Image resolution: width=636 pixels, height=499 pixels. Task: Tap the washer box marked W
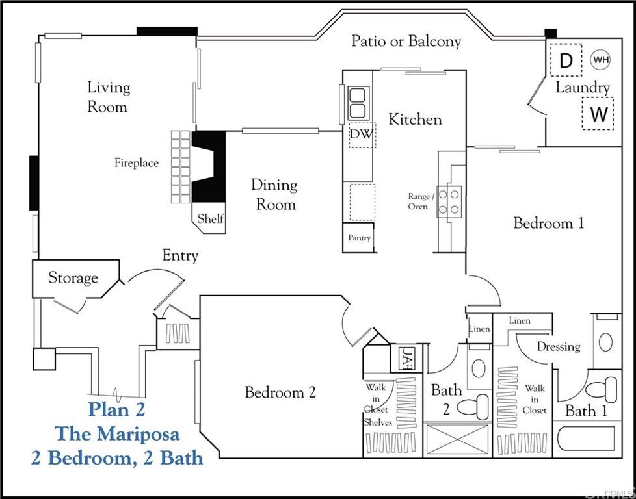tap(598, 114)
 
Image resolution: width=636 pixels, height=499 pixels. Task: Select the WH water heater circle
tap(601, 60)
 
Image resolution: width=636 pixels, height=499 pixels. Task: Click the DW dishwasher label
tap(362, 134)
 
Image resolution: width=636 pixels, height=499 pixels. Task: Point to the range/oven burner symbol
tap(450, 201)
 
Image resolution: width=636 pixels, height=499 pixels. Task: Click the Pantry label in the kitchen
tap(359, 238)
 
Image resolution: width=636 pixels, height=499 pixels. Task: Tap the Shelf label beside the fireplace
tap(211, 218)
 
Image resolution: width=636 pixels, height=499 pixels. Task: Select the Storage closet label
tap(73, 278)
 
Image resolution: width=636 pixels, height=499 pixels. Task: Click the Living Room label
tap(109, 97)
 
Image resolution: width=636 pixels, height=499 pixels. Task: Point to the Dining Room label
tap(274, 194)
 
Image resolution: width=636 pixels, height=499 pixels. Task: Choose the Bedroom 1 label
tap(548, 223)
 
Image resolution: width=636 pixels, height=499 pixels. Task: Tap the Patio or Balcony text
tap(406, 41)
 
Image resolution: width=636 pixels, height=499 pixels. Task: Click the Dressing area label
tap(558, 346)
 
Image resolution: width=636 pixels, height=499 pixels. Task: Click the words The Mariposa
tap(116, 433)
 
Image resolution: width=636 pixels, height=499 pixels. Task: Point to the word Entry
tap(180, 255)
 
